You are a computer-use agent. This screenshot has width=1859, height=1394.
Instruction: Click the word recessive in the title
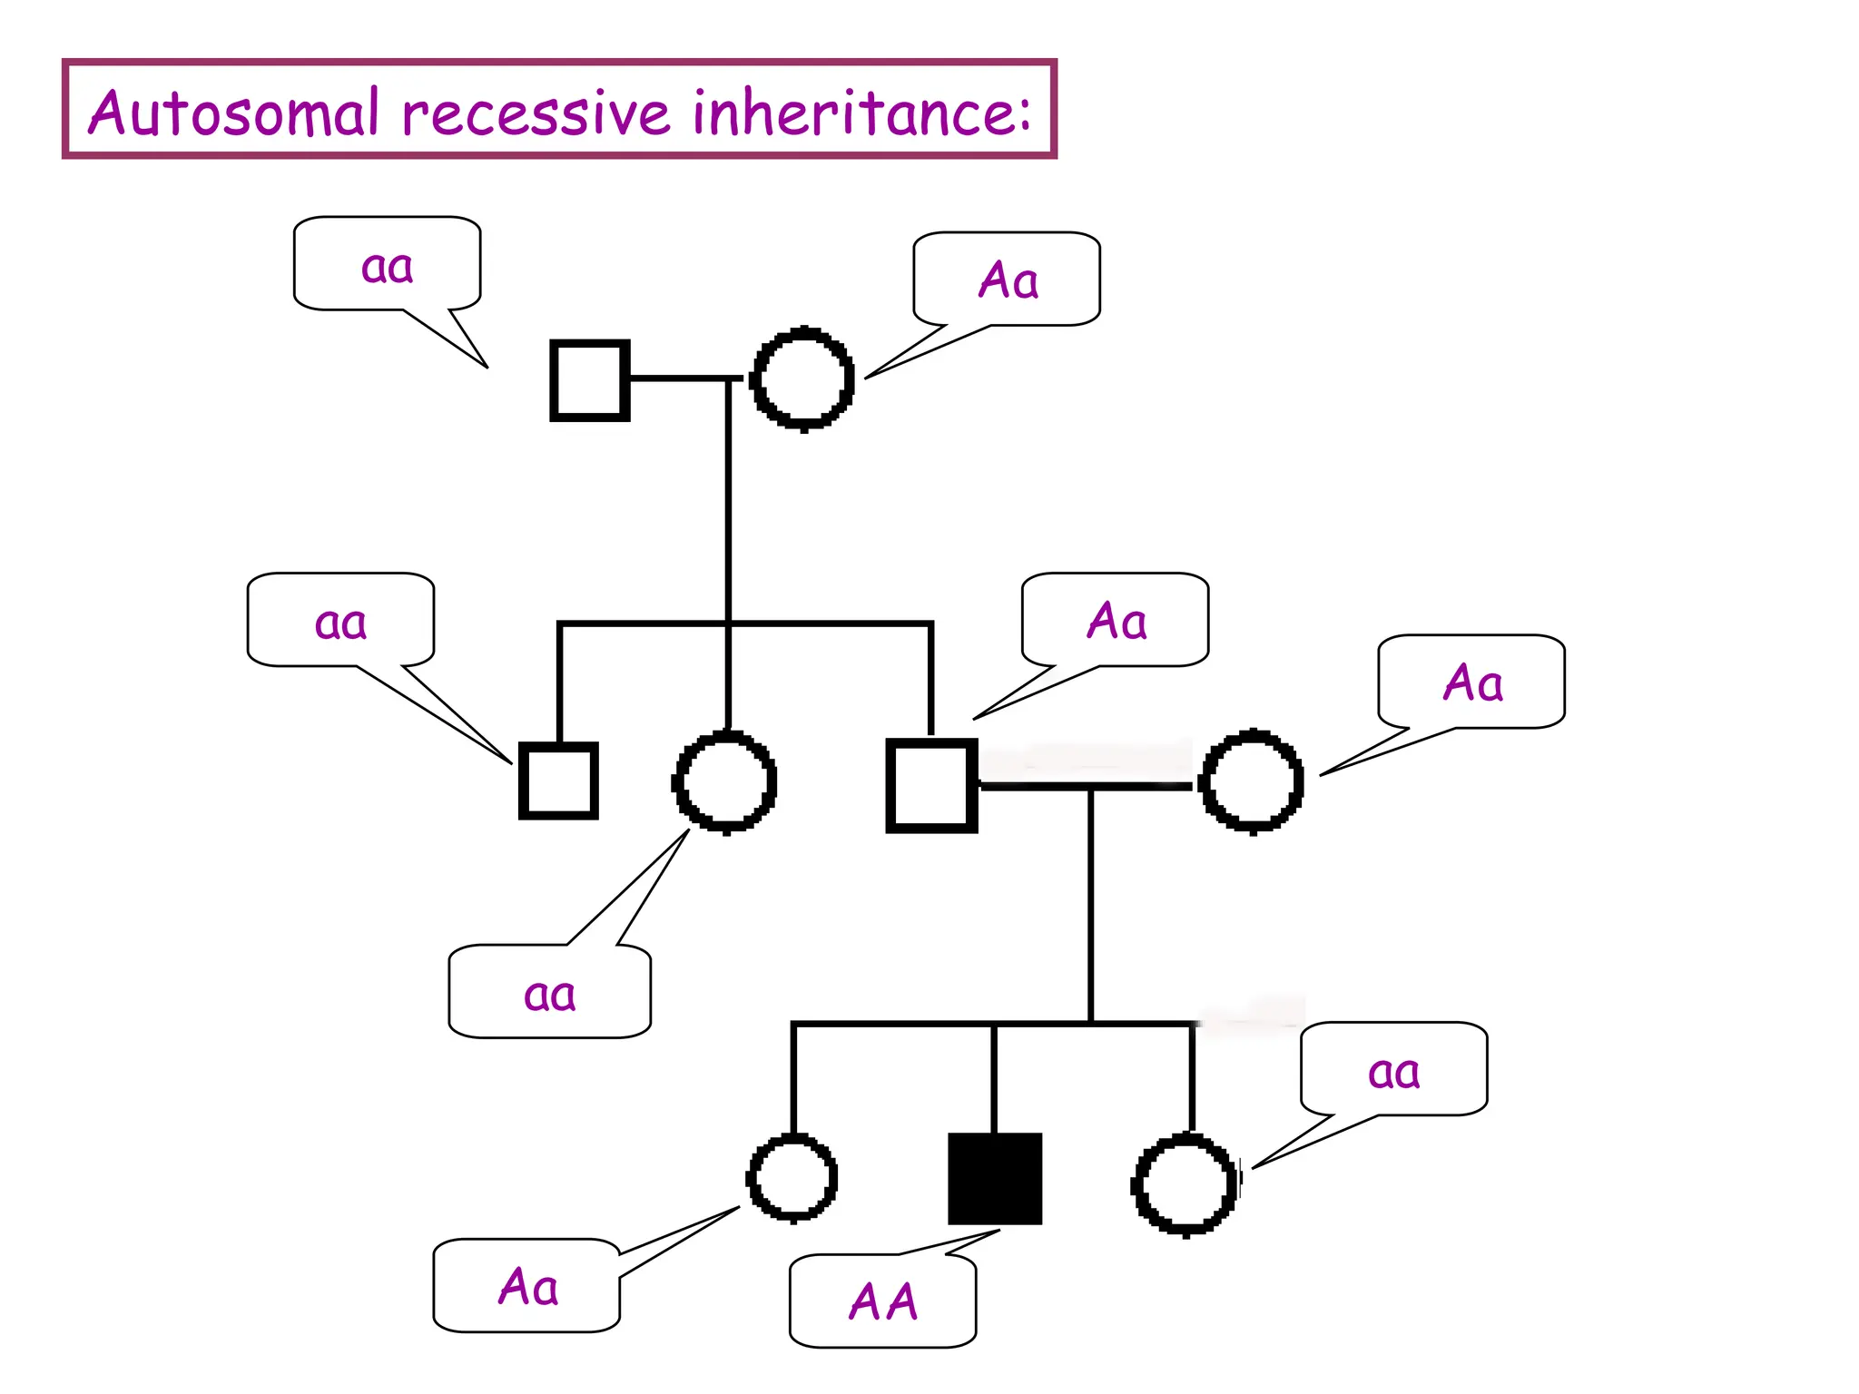pyautogui.click(x=536, y=113)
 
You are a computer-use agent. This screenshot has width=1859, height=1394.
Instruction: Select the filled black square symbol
pyautogui.click(x=995, y=1178)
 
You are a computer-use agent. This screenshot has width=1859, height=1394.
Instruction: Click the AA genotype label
pyautogui.click(x=883, y=1301)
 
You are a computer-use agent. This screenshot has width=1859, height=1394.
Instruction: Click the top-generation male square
pyautogui.click(x=590, y=380)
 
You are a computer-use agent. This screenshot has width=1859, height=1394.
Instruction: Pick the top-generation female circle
pyautogui.click(x=802, y=378)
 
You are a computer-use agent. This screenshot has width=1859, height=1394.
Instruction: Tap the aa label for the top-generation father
pyautogui.click(x=388, y=266)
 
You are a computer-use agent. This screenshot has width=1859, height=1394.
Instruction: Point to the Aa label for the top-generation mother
pyautogui.click(x=1008, y=280)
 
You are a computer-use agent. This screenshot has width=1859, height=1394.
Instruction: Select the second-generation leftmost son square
pyautogui.click(x=558, y=780)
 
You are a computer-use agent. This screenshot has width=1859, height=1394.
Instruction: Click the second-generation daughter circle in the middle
pyautogui.click(x=724, y=781)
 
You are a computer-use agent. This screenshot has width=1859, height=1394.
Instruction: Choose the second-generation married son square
pyautogui.click(x=931, y=785)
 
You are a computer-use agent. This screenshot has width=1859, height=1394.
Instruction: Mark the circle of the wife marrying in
pyautogui.click(x=1252, y=780)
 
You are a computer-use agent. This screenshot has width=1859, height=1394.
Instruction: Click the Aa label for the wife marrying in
pyautogui.click(x=1472, y=682)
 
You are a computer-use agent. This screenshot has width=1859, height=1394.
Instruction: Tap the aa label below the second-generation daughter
pyautogui.click(x=550, y=994)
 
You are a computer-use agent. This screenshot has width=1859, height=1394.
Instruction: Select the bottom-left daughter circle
pyautogui.click(x=792, y=1177)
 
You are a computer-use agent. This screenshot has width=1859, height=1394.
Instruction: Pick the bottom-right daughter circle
pyautogui.click(x=1185, y=1183)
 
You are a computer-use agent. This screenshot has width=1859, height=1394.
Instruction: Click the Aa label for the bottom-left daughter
pyautogui.click(x=527, y=1286)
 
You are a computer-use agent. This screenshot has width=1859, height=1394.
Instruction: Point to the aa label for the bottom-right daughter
pyautogui.click(x=1393, y=1071)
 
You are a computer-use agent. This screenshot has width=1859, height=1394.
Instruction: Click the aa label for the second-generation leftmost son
pyautogui.click(x=340, y=623)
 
